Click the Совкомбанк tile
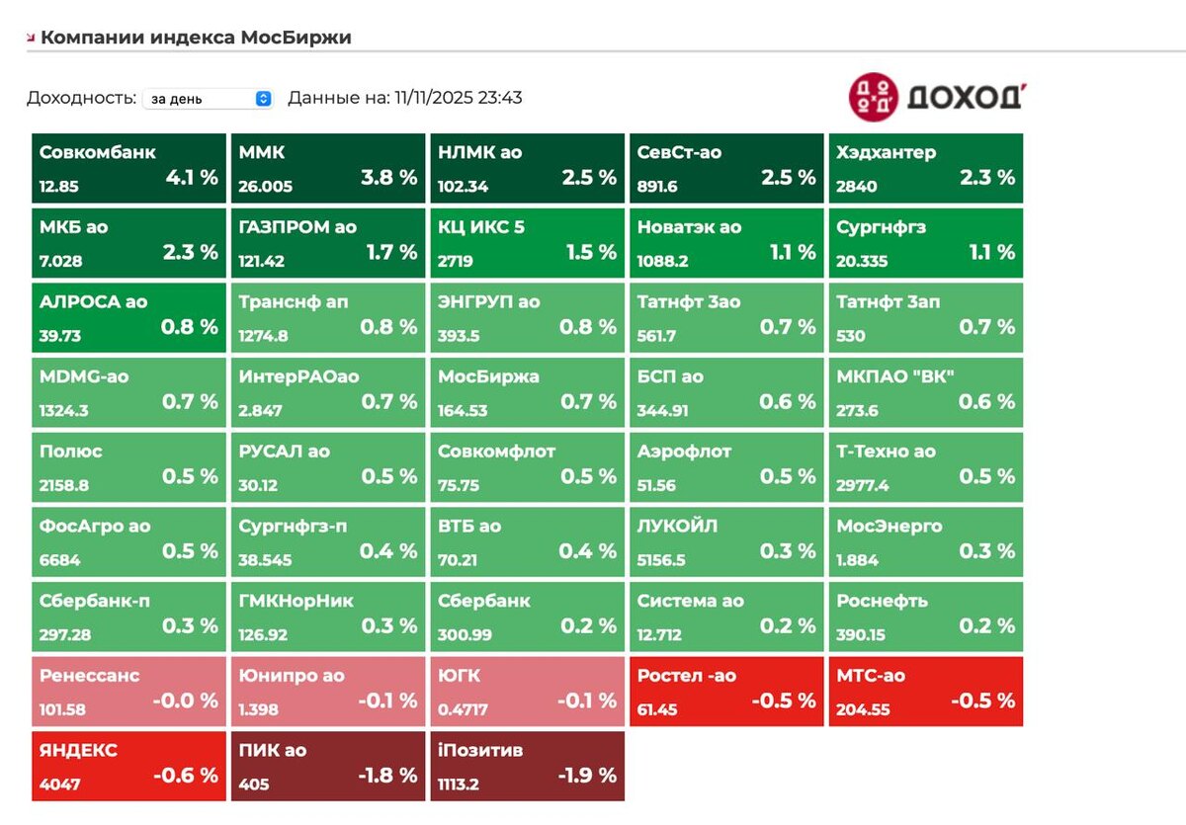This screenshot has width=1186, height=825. [129, 168]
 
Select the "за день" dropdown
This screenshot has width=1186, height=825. [207, 99]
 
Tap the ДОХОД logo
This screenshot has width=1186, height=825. [935, 97]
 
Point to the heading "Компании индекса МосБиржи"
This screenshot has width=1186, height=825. [196, 38]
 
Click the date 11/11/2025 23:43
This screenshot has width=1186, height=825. [458, 98]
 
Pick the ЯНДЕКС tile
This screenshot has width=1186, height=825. [129, 766]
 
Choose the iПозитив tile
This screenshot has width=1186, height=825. [527, 766]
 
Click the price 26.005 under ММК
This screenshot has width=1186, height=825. [266, 186]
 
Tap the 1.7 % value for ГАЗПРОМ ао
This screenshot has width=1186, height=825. [391, 252]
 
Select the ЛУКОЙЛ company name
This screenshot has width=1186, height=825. [677, 526]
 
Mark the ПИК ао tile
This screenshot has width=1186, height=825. [328, 766]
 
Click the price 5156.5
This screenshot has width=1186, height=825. [662, 560]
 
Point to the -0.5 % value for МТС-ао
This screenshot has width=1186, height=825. [982, 701]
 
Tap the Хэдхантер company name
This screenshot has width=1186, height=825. [886, 152]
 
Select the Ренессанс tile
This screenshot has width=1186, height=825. [129, 691]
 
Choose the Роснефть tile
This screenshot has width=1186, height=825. [925, 617]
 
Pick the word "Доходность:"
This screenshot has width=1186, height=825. [81, 98]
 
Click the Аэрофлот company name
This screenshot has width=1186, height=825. [684, 452]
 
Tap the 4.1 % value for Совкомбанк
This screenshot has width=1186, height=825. [192, 177]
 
